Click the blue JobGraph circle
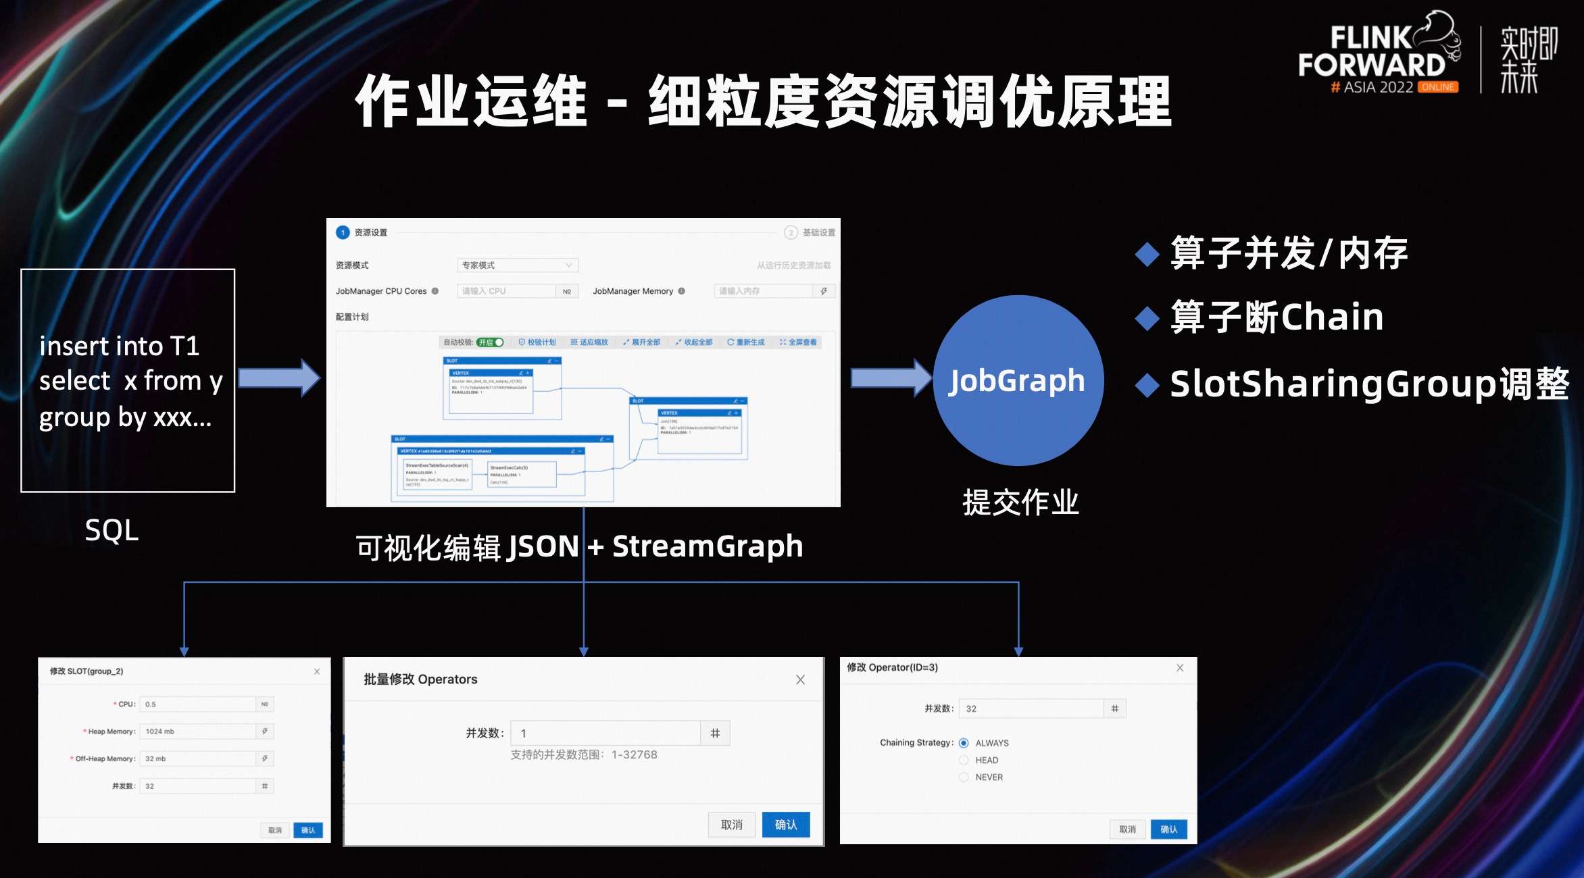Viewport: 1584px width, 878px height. [1018, 380]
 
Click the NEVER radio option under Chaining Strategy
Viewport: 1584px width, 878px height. [964, 777]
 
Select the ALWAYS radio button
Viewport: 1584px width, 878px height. [964, 743]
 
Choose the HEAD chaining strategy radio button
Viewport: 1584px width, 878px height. [964, 760]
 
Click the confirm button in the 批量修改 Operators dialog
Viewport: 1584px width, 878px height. [785, 825]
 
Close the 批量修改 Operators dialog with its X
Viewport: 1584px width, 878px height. [800, 679]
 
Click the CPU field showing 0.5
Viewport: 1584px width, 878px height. [197, 704]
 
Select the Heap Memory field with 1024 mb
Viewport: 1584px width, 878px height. [197, 731]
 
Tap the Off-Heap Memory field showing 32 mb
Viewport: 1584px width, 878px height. [197, 759]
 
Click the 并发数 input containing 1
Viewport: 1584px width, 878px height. [605, 733]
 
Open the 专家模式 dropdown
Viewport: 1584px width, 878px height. [517, 265]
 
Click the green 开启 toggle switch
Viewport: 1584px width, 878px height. [491, 342]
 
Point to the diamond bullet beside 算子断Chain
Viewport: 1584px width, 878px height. [1147, 318]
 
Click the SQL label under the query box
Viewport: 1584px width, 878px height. [112, 530]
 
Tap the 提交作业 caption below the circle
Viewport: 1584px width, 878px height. [1020, 502]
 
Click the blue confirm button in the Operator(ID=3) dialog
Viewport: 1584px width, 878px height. [1168, 829]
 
